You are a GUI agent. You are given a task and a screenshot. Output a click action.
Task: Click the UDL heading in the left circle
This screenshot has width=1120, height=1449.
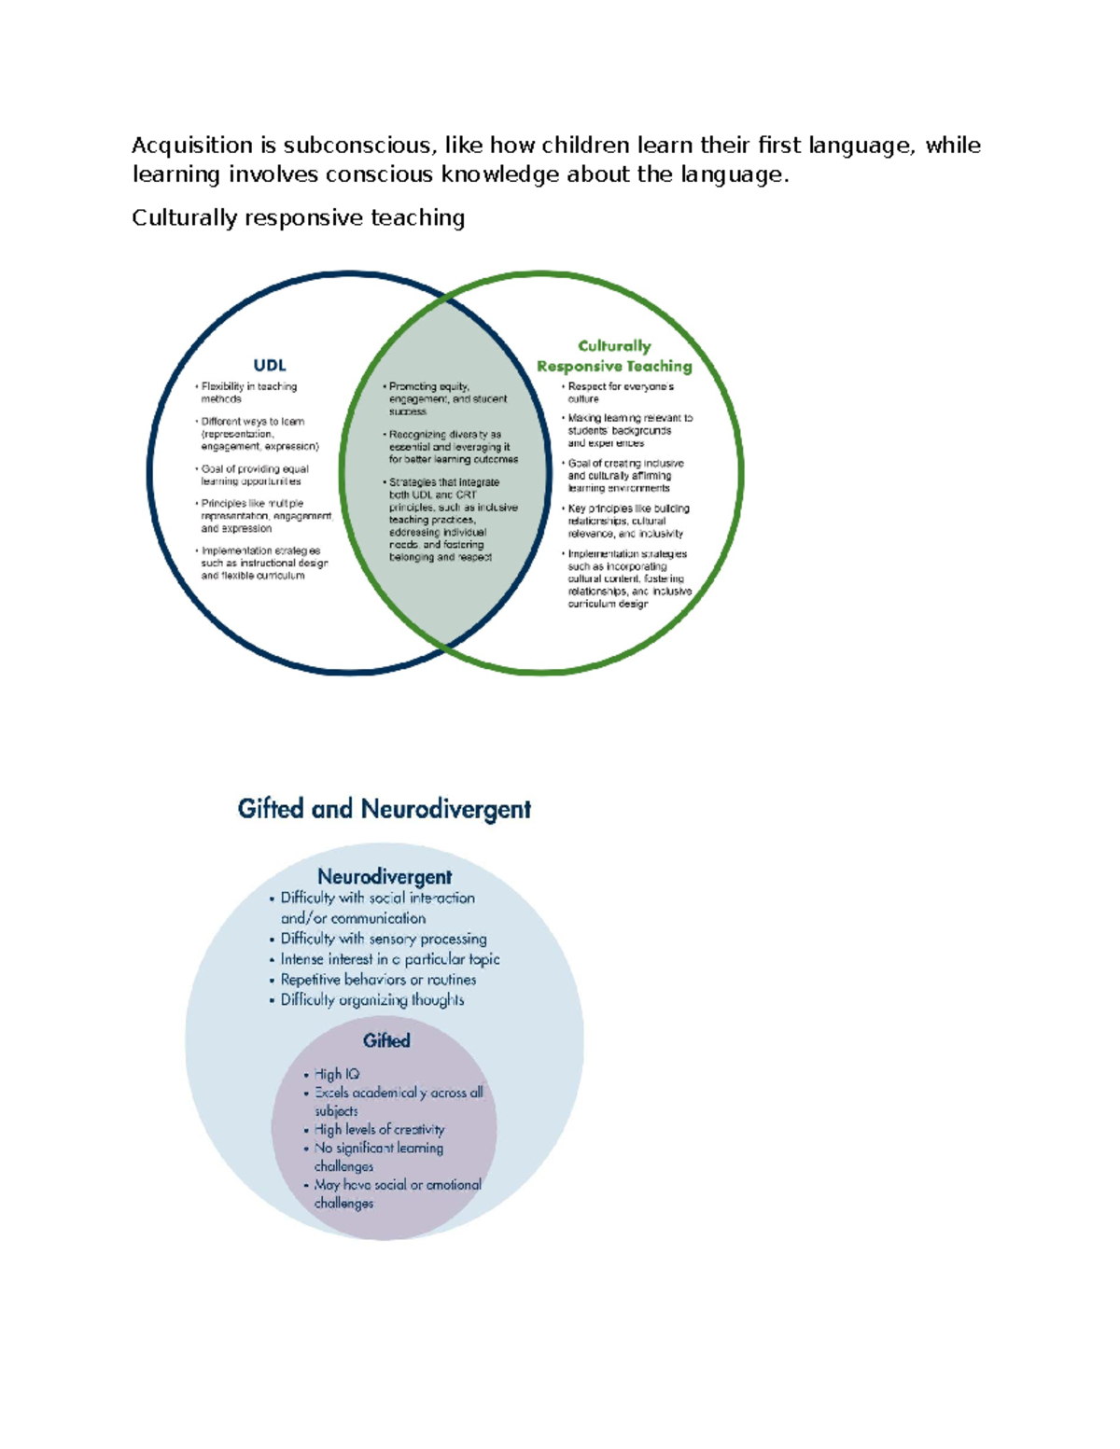pos(270,366)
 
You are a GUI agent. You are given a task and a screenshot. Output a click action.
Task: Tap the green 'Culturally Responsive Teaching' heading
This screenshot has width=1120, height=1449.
pos(614,356)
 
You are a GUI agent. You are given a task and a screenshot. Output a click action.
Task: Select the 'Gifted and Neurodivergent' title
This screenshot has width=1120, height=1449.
pos(384,809)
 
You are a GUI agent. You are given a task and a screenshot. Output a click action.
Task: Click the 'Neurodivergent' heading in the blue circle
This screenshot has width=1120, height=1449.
pos(385,877)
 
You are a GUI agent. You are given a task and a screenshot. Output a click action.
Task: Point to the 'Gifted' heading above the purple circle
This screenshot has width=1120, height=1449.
pos(386,1040)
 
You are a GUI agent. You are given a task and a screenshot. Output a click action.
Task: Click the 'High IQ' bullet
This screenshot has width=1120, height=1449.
pos(336,1075)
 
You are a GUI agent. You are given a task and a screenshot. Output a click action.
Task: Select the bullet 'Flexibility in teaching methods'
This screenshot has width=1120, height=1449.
pos(248,393)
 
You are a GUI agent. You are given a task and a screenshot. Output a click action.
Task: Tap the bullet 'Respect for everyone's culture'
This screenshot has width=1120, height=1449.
pos(620,393)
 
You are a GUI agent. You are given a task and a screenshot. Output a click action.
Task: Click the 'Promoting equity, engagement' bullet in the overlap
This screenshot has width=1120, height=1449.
pos(447,398)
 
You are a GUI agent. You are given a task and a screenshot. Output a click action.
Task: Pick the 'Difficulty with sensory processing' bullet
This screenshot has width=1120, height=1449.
pos(383,939)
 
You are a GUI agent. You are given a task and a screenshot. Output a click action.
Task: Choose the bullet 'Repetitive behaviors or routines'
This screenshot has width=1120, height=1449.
pos(378,980)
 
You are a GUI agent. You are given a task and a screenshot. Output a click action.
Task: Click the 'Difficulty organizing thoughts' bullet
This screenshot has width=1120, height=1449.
pos(371,1000)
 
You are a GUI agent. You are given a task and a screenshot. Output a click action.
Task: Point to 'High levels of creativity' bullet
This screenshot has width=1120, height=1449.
pos(379,1130)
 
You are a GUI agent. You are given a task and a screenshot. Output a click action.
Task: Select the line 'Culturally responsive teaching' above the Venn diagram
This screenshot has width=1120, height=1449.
pos(298,218)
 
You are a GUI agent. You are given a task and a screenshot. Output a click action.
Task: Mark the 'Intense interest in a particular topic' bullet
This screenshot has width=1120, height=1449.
pos(389,959)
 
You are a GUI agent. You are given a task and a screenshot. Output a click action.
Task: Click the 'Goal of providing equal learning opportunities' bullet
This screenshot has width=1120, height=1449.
pos(254,476)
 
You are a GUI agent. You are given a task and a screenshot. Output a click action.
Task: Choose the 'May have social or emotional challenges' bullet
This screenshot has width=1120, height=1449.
pos(397,1194)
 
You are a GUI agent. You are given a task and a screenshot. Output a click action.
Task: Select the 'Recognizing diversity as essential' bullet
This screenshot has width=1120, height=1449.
pos(453,447)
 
